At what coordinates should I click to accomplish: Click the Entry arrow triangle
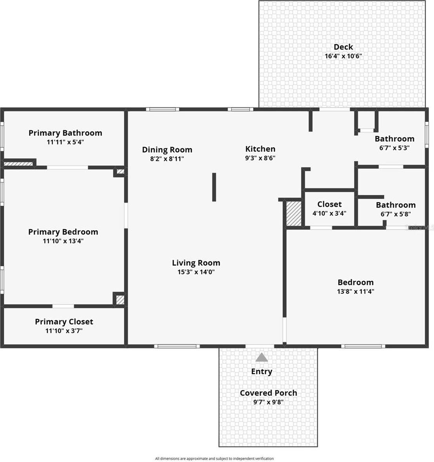(x=261, y=357)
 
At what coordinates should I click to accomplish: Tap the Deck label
(x=343, y=47)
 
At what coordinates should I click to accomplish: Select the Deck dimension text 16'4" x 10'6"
(x=343, y=56)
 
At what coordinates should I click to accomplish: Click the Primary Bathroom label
(x=65, y=133)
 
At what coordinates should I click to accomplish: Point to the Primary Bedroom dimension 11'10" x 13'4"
(x=63, y=241)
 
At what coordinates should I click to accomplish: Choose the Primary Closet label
(x=64, y=322)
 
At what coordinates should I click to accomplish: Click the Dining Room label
(x=167, y=150)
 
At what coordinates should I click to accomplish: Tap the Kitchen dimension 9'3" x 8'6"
(x=260, y=158)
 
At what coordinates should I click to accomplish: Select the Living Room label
(x=196, y=263)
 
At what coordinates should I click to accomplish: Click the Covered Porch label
(x=268, y=393)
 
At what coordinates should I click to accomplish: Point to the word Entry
(x=261, y=372)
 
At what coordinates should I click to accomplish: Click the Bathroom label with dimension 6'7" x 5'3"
(x=394, y=139)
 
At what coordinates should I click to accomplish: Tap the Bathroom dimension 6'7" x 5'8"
(x=396, y=214)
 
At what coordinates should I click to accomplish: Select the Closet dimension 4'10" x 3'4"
(x=329, y=213)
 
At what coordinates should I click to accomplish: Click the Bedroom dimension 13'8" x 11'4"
(x=356, y=291)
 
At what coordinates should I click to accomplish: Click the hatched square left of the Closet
(x=293, y=213)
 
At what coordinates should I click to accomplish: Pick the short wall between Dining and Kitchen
(x=214, y=187)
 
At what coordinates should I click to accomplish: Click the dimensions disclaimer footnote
(x=214, y=458)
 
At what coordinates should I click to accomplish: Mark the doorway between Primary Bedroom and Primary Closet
(x=63, y=306)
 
